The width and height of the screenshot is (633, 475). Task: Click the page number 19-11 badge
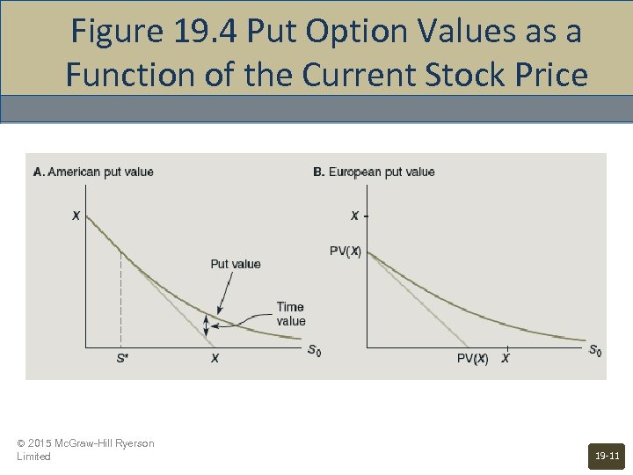click(608, 457)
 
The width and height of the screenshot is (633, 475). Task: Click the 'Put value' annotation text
click(236, 264)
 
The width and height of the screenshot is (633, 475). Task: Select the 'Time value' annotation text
click(291, 314)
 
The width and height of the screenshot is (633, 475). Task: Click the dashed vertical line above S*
click(120, 299)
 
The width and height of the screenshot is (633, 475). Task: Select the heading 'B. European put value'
click(374, 172)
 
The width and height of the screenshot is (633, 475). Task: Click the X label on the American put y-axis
click(76, 216)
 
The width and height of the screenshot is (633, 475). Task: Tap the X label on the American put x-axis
click(215, 358)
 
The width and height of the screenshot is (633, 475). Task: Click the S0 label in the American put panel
click(314, 351)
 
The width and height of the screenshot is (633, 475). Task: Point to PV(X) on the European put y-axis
click(346, 251)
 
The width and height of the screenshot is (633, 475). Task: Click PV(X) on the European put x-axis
click(472, 358)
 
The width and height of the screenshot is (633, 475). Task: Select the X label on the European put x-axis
click(505, 358)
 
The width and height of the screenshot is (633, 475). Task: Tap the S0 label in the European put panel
click(594, 351)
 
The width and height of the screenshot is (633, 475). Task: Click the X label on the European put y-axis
click(354, 216)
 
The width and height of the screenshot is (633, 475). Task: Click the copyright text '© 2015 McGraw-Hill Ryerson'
click(85, 443)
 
